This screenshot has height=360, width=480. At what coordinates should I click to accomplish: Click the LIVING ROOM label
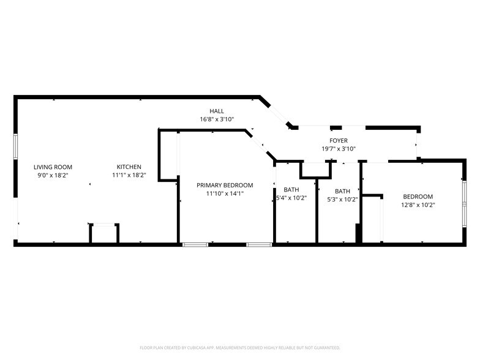click(53, 167)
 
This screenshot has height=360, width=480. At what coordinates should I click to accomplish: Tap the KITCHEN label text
click(129, 167)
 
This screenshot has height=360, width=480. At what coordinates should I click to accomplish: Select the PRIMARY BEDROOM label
click(225, 185)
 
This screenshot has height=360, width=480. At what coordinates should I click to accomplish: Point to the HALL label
click(217, 111)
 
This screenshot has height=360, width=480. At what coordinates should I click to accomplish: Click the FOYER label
click(339, 141)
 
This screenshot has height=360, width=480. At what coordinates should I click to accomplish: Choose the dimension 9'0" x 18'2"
click(53, 175)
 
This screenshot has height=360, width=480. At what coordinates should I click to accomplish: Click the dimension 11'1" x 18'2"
click(129, 175)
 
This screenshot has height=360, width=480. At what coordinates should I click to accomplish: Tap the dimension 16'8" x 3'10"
click(217, 119)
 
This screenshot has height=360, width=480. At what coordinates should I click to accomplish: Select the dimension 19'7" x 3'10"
click(339, 149)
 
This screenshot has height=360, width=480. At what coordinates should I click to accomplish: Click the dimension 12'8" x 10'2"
click(418, 205)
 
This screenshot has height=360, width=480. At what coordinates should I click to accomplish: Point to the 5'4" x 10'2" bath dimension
click(291, 198)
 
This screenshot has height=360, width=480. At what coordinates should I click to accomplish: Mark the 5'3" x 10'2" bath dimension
click(342, 199)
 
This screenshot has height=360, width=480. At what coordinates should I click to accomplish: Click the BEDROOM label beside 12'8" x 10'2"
click(418, 197)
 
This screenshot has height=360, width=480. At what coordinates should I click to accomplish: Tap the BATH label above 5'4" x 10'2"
click(291, 190)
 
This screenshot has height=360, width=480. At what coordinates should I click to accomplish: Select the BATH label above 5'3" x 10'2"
click(342, 191)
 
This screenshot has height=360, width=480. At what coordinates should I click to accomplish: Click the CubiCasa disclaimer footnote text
click(240, 347)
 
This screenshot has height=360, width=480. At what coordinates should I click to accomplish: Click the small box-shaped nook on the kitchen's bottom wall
click(104, 234)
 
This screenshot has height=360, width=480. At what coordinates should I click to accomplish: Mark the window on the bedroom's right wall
click(464, 202)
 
